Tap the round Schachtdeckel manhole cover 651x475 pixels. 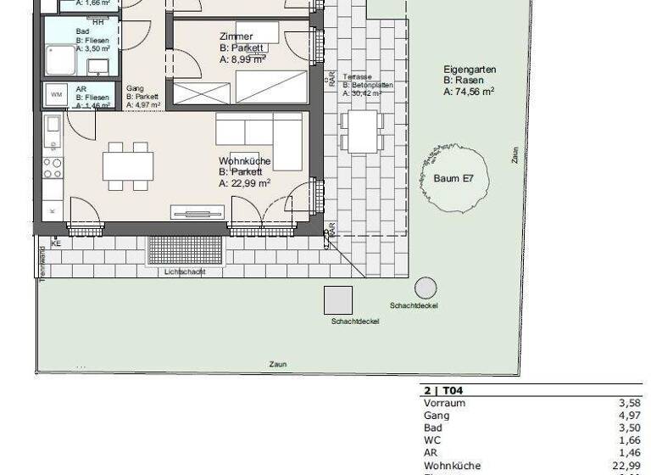(426, 288)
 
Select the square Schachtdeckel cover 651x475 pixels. (338, 300)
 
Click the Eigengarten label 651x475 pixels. (469, 70)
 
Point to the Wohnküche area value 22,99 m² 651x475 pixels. (245, 182)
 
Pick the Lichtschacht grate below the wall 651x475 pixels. (185, 250)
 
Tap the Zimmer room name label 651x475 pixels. (235, 36)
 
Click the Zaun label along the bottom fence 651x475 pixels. (278, 364)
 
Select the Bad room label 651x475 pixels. (82, 29)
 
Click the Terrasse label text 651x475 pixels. (358, 76)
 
